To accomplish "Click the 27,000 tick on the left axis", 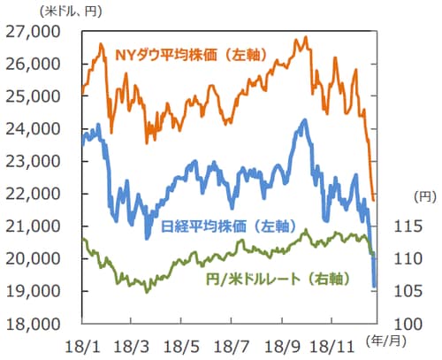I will [35, 32].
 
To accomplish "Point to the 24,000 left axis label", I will [35, 129].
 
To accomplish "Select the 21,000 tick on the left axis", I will [35, 226].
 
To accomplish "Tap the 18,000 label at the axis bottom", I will [35, 324].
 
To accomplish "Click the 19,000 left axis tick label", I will [35, 291].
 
